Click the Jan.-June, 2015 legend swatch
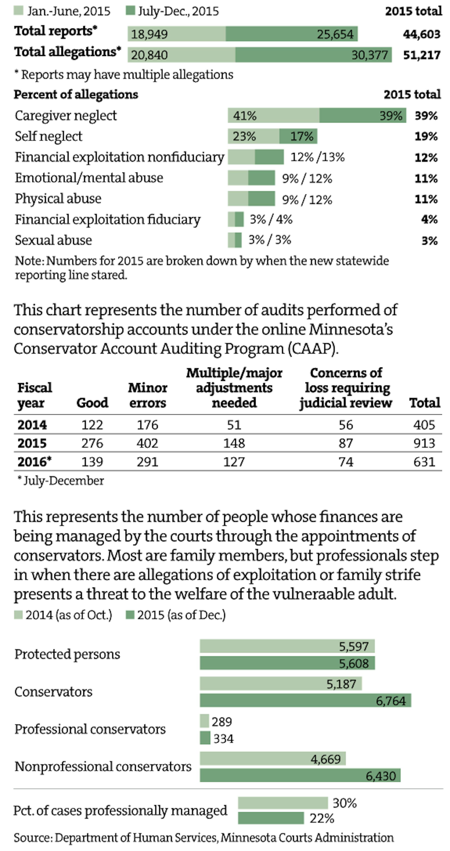click(x=19, y=11)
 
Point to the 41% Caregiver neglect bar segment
click(x=273, y=115)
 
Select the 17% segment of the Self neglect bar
click(x=298, y=136)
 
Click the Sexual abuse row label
click(x=54, y=240)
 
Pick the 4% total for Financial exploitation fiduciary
click(x=429, y=219)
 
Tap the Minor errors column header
click(x=147, y=395)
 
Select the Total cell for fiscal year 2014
click(x=424, y=425)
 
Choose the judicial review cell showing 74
click(x=346, y=461)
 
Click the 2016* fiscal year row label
click(x=34, y=461)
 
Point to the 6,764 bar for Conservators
click(x=305, y=700)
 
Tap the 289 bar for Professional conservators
click(x=204, y=721)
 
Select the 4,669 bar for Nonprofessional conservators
click(x=273, y=758)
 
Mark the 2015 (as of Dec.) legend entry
click(x=176, y=615)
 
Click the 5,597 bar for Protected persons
click(x=287, y=646)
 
